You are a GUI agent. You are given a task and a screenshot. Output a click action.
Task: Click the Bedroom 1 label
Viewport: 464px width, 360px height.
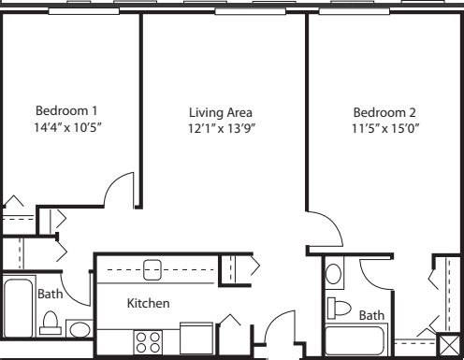[66, 110]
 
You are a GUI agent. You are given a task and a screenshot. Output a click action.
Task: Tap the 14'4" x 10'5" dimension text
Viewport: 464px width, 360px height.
[68, 127]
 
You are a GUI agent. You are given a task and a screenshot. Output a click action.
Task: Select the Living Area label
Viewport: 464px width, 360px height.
[221, 112]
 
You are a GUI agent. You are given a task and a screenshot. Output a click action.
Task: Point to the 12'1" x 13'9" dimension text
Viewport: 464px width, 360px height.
[222, 128]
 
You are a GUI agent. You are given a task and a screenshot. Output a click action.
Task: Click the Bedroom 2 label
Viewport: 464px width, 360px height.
[384, 112]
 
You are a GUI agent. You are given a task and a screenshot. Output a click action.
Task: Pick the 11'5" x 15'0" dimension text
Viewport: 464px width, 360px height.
[385, 128]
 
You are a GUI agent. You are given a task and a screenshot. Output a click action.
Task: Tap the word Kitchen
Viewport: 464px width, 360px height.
[149, 303]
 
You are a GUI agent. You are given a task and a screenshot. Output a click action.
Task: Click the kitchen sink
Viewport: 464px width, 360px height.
[152, 270]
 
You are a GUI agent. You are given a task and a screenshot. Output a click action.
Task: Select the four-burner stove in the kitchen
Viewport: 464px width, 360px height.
[148, 342]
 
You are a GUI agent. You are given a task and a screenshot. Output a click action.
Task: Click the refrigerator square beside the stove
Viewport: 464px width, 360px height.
[196, 338]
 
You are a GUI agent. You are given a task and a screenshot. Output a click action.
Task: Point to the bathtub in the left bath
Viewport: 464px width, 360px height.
[18, 308]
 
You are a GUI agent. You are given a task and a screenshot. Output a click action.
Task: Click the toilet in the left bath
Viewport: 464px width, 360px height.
[51, 323]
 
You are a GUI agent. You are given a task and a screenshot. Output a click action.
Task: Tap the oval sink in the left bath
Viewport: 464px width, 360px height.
[80, 330]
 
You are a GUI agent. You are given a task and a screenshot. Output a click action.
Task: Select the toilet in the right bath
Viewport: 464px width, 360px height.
[339, 308]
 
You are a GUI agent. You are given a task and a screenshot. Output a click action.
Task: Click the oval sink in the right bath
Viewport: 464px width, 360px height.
[333, 274]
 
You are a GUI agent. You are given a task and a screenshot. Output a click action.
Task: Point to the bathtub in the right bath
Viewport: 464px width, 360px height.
[355, 340]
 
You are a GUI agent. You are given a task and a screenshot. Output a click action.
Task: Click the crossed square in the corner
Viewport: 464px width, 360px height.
[449, 345]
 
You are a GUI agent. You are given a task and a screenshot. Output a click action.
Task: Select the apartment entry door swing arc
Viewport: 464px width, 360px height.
[273, 321]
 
